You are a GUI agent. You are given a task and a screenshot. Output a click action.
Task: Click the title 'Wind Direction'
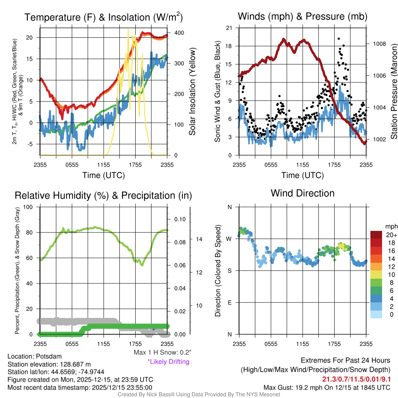pyautogui.click(x=302, y=193)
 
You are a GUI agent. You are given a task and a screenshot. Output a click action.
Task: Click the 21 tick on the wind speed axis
pyautogui.click(x=229, y=28)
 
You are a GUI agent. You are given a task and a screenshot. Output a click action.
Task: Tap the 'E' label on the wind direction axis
pyautogui.click(x=229, y=302)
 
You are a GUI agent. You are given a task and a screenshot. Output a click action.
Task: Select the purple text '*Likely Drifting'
pyautogui.click(x=168, y=361)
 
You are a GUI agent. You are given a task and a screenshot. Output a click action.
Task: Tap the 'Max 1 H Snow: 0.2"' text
pyautogui.click(x=162, y=353)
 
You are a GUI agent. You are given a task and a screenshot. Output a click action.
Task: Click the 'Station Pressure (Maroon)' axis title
pyautogui.click(x=393, y=91)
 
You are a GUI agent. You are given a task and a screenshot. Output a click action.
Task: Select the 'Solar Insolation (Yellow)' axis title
pyautogui.click(x=192, y=91)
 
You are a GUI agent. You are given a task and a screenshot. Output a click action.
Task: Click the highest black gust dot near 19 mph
pyautogui.click(x=339, y=39)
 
